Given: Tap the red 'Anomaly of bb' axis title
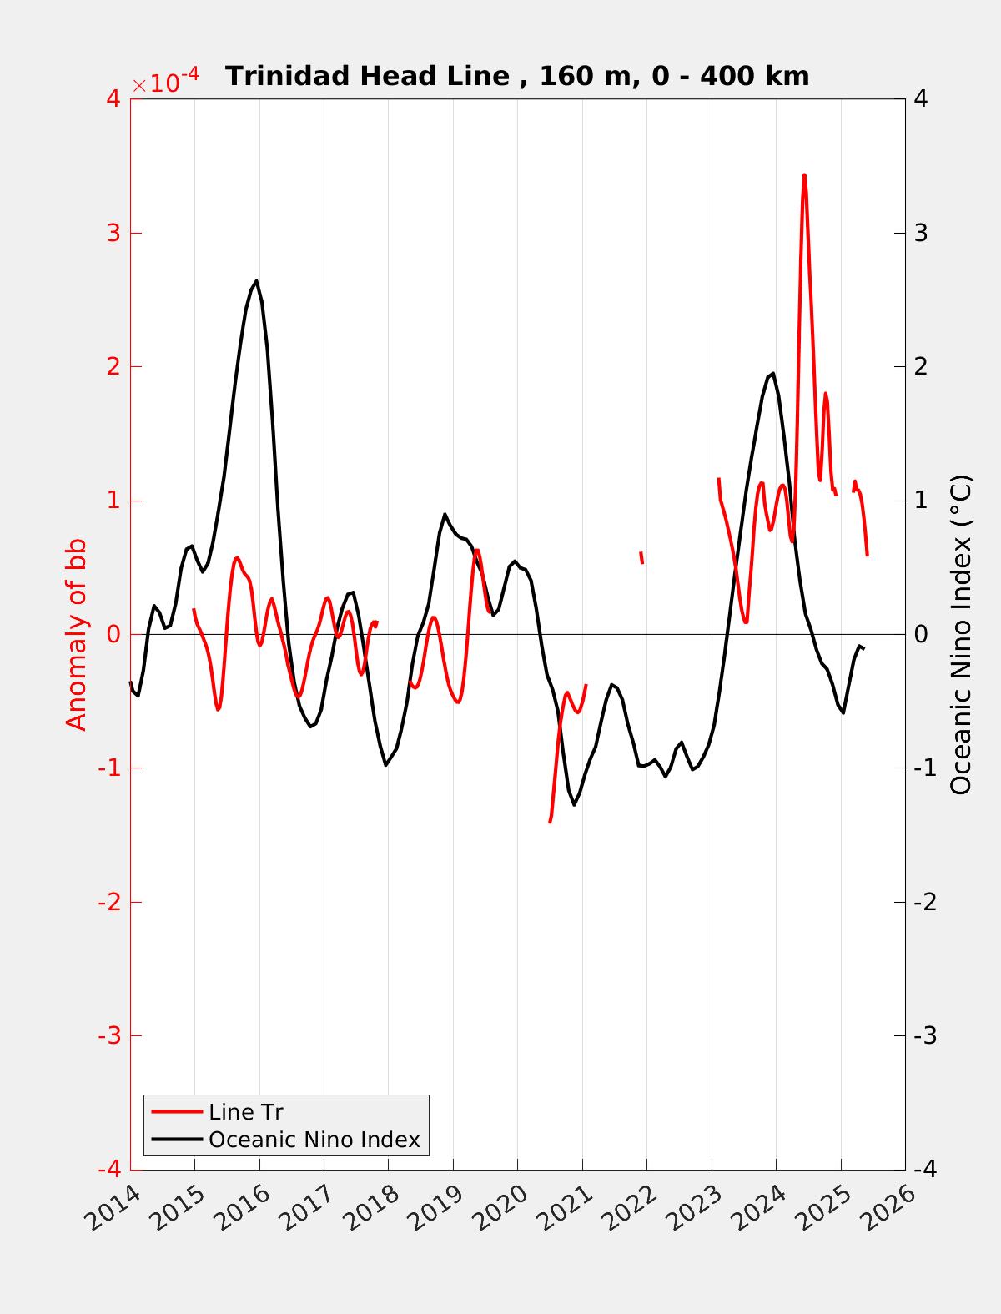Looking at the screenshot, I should pyautogui.click(x=76, y=634).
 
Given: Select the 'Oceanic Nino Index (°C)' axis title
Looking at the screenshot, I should pyautogui.click(x=961, y=634).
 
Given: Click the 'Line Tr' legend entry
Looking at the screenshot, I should pyautogui.click(x=246, y=1112).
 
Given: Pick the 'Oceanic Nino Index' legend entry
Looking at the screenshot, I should pyautogui.click(x=314, y=1139).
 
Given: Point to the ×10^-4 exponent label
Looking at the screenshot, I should pyautogui.click(x=166, y=83).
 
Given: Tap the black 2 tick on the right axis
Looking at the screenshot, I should pyautogui.click(x=921, y=366).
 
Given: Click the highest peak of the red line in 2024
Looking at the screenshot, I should pyautogui.click(x=804, y=175).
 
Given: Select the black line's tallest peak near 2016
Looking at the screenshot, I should pyautogui.click(x=256, y=281).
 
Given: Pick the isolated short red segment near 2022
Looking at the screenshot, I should pyautogui.click(x=641, y=557).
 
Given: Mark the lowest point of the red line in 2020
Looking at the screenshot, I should pyautogui.click(x=550, y=822).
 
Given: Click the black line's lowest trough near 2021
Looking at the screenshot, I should pyautogui.click(x=574, y=804).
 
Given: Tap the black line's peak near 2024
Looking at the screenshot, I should pyautogui.click(x=773, y=374).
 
